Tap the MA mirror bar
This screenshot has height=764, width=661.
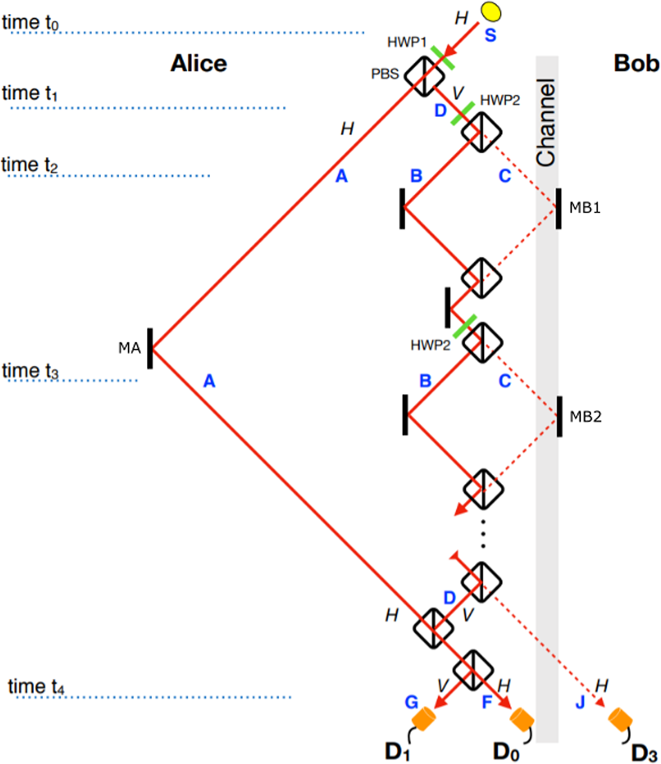pyautogui.click(x=149, y=348)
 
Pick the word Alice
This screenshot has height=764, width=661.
pyautogui.click(x=199, y=64)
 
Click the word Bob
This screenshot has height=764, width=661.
pyautogui.click(x=635, y=64)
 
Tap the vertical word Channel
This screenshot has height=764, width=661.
pyautogui.click(x=547, y=122)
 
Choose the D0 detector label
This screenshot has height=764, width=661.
pyautogui.click(x=509, y=751)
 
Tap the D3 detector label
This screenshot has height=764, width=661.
pyautogui.click(x=642, y=751)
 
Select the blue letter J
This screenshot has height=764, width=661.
pyautogui.click(x=580, y=703)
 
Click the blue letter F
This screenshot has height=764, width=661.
pyautogui.click(x=488, y=703)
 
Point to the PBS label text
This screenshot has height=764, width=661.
pyautogui.click(x=385, y=74)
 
